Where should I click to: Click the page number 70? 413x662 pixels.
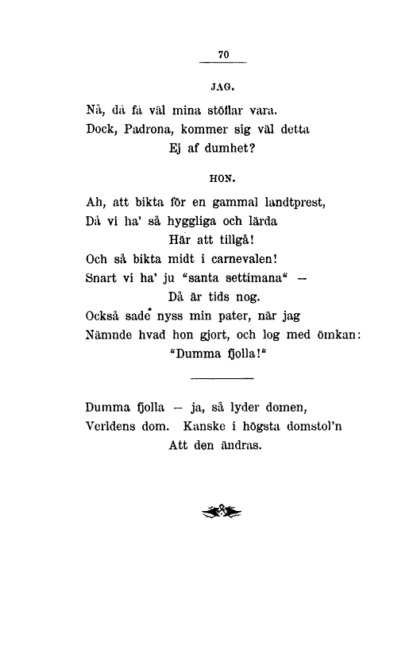223,54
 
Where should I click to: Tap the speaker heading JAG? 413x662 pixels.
222,82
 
